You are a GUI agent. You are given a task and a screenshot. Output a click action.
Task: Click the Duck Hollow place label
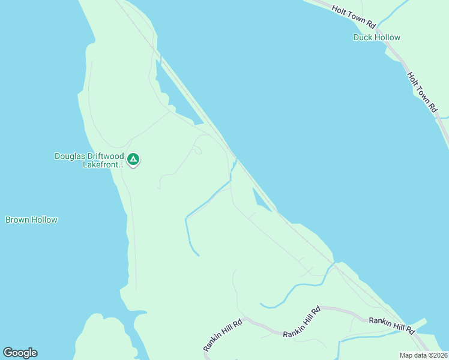376,37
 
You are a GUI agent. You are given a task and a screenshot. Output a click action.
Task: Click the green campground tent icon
133,160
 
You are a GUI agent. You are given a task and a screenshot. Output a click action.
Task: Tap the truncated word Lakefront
103,164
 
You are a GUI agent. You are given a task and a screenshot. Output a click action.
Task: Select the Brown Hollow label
31,220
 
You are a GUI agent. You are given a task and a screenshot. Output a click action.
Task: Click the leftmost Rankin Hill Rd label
222,335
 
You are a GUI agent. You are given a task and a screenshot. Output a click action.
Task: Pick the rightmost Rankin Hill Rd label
392,325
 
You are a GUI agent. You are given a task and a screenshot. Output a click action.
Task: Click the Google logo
20,353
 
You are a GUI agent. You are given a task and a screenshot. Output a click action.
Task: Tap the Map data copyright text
423,355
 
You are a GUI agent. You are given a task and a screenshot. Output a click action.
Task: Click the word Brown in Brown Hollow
17,220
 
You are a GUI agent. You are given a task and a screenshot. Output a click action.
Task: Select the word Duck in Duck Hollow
363,37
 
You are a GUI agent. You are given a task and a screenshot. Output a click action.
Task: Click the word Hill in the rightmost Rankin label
393,325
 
